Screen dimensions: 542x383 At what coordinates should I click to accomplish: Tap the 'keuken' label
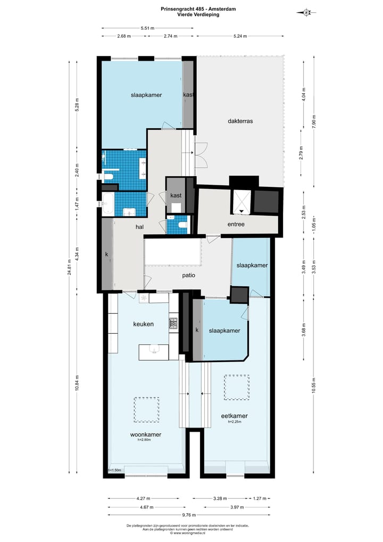coord(143,324)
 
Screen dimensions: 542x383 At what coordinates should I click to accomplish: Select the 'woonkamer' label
coord(146,434)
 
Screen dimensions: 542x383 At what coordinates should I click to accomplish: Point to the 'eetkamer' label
coord(235,416)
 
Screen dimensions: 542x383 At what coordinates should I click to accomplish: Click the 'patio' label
coord(188,276)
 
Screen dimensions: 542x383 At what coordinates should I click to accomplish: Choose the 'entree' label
coord(236,224)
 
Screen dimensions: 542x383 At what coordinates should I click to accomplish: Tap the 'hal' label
coord(140,227)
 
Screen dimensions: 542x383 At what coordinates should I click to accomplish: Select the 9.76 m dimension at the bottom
coord(189,515)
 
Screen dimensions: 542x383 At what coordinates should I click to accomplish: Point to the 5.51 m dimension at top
coord(147,28)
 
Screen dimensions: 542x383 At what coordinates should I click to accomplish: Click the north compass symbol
coord(306,12)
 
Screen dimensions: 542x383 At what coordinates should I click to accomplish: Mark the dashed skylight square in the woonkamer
coord(146,409)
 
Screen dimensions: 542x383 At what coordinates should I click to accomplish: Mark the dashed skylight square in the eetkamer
coord(236,387)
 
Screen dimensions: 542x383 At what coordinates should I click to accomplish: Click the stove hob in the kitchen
coord(173,323)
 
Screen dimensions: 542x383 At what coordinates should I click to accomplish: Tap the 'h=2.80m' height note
coord(146,440)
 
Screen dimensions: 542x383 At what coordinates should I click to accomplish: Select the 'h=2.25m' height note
coord(235,422)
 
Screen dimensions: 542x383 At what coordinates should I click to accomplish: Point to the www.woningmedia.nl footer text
coord(191,532)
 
